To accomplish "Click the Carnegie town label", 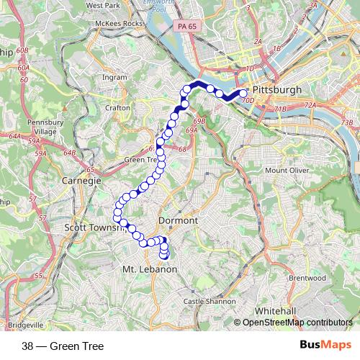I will click(81, 181).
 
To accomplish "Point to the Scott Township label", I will click(96, 228).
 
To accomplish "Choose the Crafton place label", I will click(117, 107).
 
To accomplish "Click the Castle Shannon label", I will click(210, 301).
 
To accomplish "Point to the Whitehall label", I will click(274, 310).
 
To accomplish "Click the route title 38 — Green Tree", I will click(63, 346).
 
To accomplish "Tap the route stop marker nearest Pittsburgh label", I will click(243, 93).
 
